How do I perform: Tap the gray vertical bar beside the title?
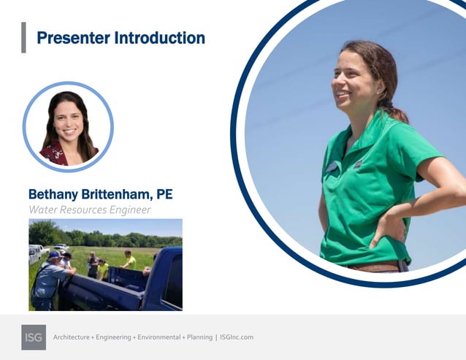click(x=23, y=37)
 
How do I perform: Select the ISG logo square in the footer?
click(x=34, y=337)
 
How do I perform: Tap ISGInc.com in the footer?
click(x=236, y=337)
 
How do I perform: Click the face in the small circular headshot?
click(x=67, y=120)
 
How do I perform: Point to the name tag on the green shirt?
click(x=332, y=166)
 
